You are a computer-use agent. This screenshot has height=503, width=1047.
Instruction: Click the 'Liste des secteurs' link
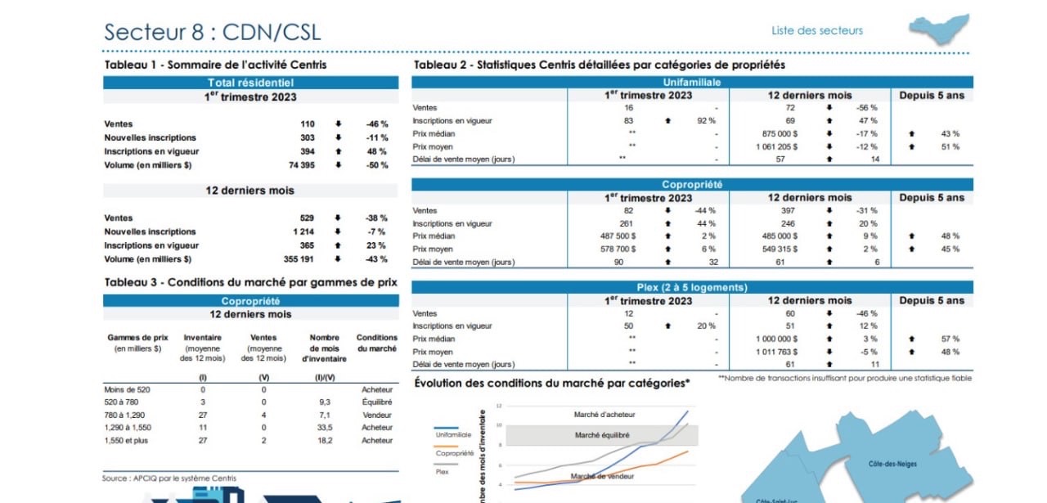click(816, 31)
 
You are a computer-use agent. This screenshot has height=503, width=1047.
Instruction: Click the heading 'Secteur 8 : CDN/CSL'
click(212, 32)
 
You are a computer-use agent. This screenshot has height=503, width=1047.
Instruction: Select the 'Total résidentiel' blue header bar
click(250, 83)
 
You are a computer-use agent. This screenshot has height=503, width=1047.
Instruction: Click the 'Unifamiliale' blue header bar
click(691, 83)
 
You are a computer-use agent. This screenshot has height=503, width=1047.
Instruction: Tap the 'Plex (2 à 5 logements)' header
click(691, 287)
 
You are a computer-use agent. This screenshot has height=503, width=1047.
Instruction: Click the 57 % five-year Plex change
click(950, 339)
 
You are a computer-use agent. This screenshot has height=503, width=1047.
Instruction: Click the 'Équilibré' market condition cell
click(377, 402)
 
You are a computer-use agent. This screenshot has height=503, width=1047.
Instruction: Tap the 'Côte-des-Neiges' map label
click(892, 464)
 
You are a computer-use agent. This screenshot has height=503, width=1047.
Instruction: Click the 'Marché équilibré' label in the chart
click(604, 436)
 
